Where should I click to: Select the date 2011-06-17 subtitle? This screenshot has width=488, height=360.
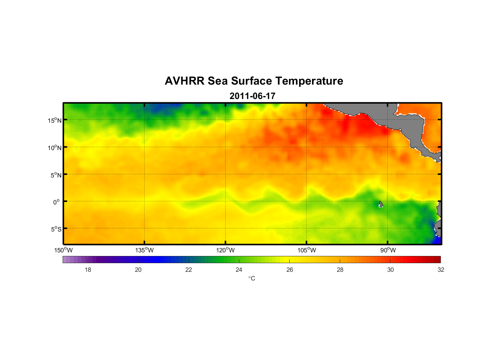[252, 96]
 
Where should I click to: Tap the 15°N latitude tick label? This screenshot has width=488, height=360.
[55, 120]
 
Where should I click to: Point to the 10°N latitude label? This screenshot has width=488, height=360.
[55, 148]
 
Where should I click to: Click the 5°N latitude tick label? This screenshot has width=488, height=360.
[56, 175]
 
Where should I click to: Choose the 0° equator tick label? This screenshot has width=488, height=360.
[57, 202]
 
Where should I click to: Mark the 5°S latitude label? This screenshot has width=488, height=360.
[56, 229]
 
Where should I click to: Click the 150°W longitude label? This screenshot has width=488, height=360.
[64, 250]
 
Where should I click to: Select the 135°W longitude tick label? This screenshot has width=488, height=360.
[145, 250]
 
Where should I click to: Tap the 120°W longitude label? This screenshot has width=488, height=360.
[226, 250]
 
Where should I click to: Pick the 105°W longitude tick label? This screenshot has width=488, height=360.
[307, 250]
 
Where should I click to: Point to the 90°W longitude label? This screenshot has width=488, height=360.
[388, 250]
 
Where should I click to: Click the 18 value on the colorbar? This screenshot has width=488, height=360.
[88, 270]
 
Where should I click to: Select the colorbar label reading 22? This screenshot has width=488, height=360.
[189, 270]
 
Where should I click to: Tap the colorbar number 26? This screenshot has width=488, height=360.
[290, 270]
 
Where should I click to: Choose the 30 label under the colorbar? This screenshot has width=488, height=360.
[390, 270]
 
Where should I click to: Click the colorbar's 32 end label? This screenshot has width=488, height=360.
[441, 270]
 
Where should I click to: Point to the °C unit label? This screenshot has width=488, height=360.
[252, 278]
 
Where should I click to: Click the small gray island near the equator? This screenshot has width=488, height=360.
[381, 204]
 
